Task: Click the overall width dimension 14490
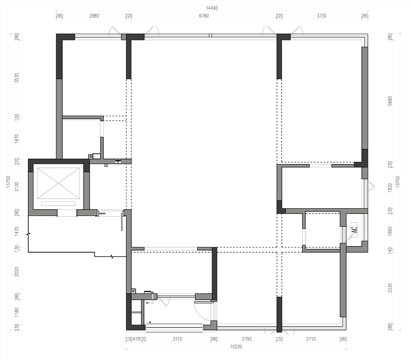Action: (x=212, y=8)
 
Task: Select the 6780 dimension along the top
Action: (x=204, y=16)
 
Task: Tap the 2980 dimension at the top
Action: (x=94, y=16)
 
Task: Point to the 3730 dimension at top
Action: (x=322, y=16)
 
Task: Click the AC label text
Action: (x=354, y=230)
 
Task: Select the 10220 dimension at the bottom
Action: (x=236, y=346)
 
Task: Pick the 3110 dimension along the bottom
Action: (x=177, y=339)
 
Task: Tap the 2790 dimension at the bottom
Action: (x=247, y=339)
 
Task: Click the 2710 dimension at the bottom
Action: (x=311, y=339)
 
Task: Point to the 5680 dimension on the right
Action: (x=390, y=101)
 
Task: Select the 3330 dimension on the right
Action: (x=390, y=288)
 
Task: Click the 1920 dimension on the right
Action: (x=390, y=188)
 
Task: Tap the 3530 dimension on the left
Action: (x=17, y=78)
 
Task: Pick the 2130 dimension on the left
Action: (x=17, y=186)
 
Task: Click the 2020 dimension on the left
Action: (x=17, y=272)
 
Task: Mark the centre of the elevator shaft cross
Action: (x=58, y=183)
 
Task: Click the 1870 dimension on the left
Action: (x=17, y=139)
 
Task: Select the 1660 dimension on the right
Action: (x=390, y=231)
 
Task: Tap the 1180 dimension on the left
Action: (x=17, y=312)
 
